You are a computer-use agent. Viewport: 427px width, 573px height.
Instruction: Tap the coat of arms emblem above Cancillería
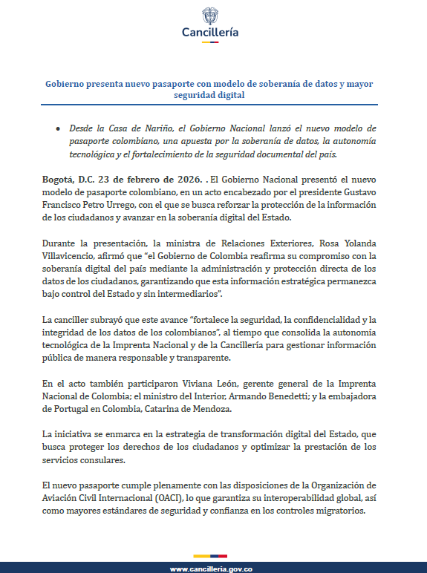tap(211, 16)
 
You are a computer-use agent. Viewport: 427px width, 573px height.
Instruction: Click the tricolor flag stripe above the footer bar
tap(211, 556)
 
